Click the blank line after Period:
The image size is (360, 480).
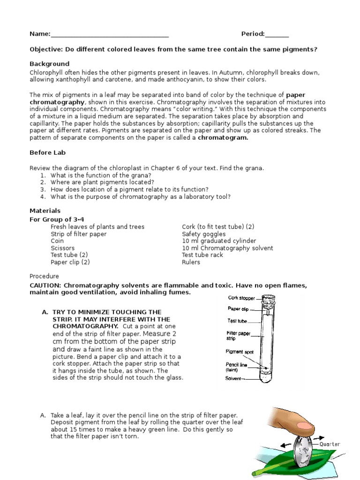[277, 35]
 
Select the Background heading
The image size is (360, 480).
[49, 64]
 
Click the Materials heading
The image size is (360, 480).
[45, 211]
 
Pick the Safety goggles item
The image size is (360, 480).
[203, 234]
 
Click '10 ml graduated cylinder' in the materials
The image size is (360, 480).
[219, 241]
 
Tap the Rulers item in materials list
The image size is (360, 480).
[191, 262]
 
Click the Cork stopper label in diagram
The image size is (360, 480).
[241, 298]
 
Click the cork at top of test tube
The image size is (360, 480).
[269, 300]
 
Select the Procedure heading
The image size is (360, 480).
[44, 276]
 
